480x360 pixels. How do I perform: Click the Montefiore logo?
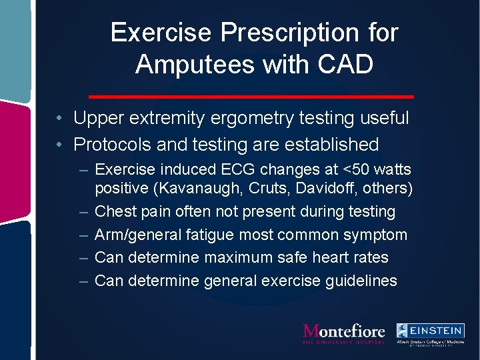pyautogui.click(x=344, y=333)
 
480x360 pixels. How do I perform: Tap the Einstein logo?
pyautogui.click(x=430, y=333)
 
